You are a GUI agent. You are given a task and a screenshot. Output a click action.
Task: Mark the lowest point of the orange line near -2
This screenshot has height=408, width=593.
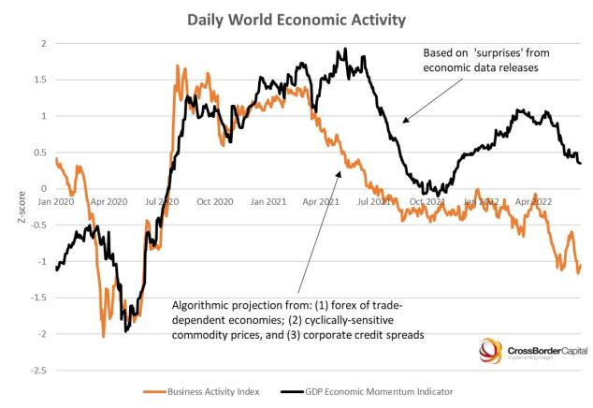tap(103, 336)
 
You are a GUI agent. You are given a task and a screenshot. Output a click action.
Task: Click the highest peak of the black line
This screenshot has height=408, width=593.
tap(346, 49)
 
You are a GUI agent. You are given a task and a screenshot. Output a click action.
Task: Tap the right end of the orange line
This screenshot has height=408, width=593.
tap(580, 265)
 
